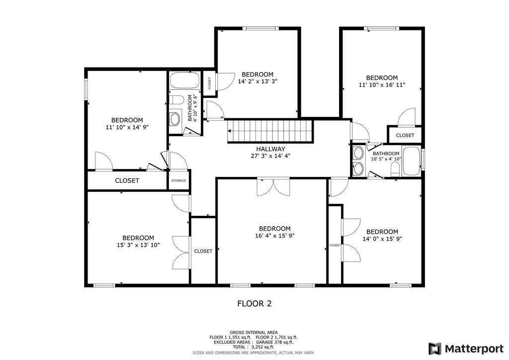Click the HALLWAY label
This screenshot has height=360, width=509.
(x=270, y=149)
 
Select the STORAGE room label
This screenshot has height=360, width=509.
(x=178, y=180)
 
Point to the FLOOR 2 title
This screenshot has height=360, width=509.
(x=254, y=303)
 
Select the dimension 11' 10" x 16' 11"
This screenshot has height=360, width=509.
(x=382, y=85)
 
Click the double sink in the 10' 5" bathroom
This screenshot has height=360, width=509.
(x=358, y=160)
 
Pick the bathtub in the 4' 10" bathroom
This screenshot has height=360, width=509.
(x=184, y=81)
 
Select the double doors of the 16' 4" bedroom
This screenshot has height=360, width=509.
(x=273, y=187)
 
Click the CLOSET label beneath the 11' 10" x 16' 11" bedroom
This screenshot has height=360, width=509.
(x=405, y=135)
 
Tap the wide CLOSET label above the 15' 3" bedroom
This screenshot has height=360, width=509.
(x=127, y=180)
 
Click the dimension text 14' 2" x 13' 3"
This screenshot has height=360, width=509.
(x=257, y=82)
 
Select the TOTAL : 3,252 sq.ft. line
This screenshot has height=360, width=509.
(x=254, y=347)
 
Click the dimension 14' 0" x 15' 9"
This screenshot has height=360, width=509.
(x=382, y=239)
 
